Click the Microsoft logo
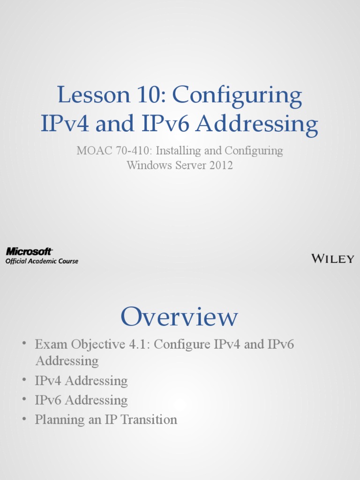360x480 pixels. [x=29, y=252]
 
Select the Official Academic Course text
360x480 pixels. [x=42, y=261]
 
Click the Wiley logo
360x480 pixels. [x=333, y=258]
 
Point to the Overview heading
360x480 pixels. [x=180, y=317]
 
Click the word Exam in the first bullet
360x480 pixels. [x=51, y=345]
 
